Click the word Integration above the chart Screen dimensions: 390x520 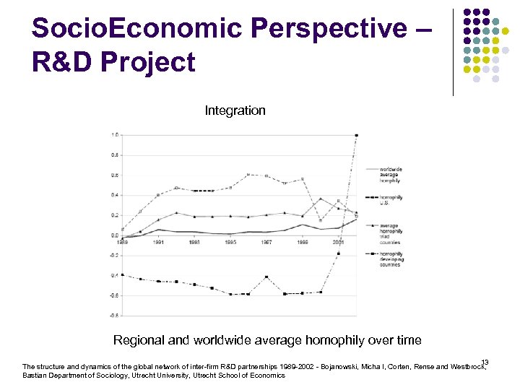[235, 110]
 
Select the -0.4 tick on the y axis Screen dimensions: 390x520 [114, 275]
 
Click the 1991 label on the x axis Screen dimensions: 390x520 [158, 243]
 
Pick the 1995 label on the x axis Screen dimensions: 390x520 [230, 243]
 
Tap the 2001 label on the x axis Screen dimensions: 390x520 [338, 243]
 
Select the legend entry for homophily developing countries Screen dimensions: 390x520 [390, 259]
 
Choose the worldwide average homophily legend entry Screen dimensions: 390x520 [390, 175]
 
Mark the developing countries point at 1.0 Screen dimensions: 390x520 [356, 135]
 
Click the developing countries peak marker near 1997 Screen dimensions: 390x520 [266, 277]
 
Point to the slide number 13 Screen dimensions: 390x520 [485, 362]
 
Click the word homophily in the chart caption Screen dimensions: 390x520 [334, 340]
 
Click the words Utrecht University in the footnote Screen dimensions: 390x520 [165, 376]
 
